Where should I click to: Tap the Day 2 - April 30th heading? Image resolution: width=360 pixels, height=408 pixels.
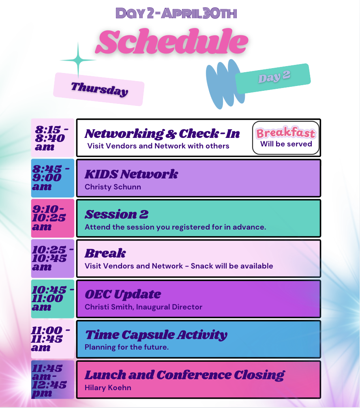176,13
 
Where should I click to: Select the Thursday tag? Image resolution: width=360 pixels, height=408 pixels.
99,89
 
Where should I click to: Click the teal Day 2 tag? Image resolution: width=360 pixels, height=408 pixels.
273,78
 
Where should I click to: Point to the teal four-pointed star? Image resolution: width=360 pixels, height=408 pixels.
78,60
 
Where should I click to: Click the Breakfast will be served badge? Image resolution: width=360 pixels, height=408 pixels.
286,137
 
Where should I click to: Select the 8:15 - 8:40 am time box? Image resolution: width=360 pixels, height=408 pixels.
53,137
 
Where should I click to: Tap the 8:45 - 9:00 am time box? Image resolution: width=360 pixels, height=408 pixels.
53,178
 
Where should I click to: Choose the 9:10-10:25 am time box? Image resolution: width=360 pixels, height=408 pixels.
53,218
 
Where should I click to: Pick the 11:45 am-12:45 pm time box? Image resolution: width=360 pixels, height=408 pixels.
53,380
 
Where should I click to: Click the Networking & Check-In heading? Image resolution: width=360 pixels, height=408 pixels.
162,133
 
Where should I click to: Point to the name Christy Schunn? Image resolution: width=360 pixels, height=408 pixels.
113,187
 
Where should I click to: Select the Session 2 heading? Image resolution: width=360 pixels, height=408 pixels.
116,215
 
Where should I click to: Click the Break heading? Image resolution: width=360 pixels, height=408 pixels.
105,253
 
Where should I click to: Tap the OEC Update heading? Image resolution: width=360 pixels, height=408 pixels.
123,294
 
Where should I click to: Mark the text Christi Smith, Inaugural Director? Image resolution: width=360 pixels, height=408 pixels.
144,307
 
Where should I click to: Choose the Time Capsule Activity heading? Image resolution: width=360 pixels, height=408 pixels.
156,335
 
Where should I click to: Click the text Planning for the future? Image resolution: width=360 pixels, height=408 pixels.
126,347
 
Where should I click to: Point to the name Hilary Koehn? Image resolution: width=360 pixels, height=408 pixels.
108,388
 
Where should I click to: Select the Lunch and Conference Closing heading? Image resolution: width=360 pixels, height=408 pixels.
185,375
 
